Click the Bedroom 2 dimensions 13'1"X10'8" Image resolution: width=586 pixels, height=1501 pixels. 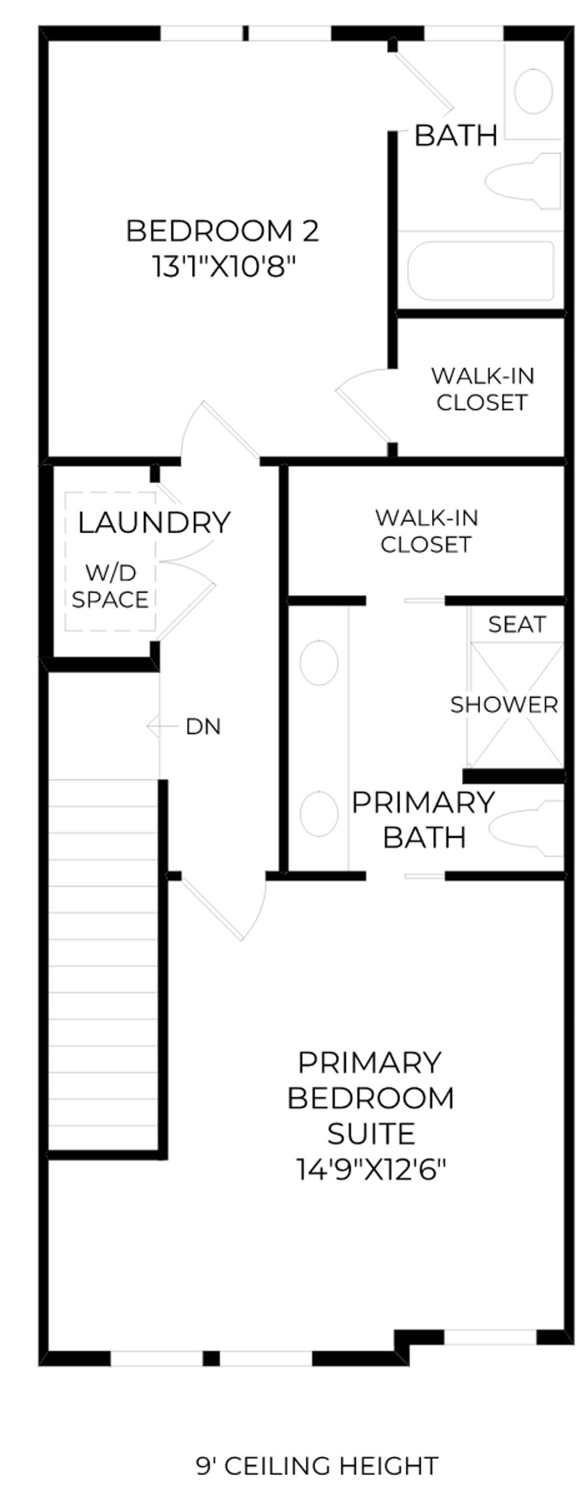tap(223, 268)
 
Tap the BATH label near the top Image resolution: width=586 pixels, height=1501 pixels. tap(456, 135)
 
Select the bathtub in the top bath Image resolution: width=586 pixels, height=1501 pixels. tap(481, 271)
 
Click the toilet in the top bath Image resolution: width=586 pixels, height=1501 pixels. tap(524, 181)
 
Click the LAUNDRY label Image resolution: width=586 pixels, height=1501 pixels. tap(154, 522)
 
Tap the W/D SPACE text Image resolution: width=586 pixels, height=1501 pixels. tap(110, 586)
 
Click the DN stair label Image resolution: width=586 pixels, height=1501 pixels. tap(203, 726)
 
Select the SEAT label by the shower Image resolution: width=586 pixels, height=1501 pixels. tap(517, 624)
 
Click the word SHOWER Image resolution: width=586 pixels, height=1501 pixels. tap(504, 704)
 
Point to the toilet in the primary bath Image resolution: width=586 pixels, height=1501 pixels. tap(527, 828)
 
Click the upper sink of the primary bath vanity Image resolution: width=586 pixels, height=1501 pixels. tap(319, 662)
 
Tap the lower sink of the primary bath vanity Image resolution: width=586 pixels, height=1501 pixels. tap(319, 814)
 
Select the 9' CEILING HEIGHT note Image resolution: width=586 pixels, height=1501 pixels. tap(317, 1466)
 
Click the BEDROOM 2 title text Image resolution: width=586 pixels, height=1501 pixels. tap(223, 231)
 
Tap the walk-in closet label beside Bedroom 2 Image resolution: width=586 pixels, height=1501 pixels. tap(482, 389)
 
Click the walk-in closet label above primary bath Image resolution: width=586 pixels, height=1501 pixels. tap(426, 531)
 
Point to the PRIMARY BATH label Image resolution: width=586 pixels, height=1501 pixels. tap(423, 820)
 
